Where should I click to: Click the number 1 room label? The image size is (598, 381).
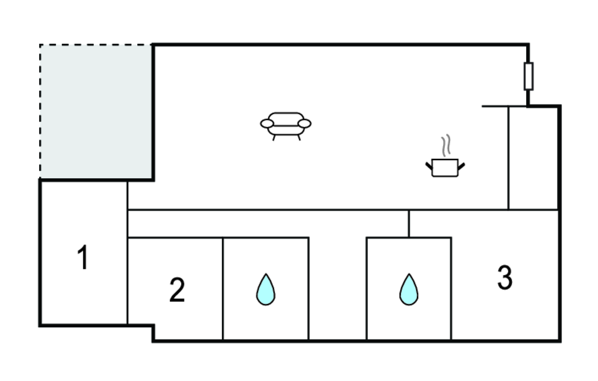tap(84, 258)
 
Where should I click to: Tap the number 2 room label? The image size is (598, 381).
tap(177, 290)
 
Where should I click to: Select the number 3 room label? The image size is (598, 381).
tap(505, 278)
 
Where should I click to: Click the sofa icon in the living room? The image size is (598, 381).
tap(286, 124)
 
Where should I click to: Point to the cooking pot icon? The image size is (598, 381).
tap(445, 168)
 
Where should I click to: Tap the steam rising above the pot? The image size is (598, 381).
tap(447, 146)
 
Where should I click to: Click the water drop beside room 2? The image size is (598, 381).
tap(266, 289)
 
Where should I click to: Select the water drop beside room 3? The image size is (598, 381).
tap(409, 289)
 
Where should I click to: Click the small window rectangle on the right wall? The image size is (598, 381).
tap(529, 76)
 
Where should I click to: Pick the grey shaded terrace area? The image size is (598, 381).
tap(96, 111)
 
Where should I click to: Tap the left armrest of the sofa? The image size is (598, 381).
tap(267, 123)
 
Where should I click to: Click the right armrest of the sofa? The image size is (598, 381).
tap(304, 123)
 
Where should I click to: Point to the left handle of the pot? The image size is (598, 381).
tap(429, 165)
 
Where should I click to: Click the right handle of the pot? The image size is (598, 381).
tap(461, 165)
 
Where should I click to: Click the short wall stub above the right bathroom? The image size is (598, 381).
tap(409, 223)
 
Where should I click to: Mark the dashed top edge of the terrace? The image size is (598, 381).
tap(96, 44)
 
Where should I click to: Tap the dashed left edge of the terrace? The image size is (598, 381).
tap(40, 111)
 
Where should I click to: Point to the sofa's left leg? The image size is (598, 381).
tap(274, 138)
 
